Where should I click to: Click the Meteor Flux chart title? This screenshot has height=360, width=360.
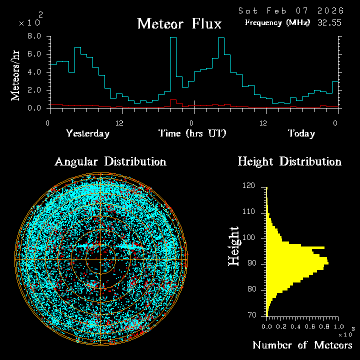[x=179, y=24]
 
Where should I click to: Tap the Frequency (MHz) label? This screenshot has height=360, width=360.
[x=277, y=22]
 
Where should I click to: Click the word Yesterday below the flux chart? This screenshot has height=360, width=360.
[x=87, y=133]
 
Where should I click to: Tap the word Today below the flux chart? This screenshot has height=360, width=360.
[x=301, y=133]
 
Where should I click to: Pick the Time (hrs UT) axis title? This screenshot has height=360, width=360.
[x=192, y=133]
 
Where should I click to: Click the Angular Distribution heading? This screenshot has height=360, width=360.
[x=110, y=161]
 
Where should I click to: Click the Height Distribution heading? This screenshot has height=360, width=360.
[x=289, y=161]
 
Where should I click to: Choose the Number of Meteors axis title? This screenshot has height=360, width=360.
[x=302, y=345]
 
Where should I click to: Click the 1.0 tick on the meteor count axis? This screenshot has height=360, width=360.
[x=335, y=325]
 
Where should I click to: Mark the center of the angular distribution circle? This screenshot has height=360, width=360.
[x=101, y=259]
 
